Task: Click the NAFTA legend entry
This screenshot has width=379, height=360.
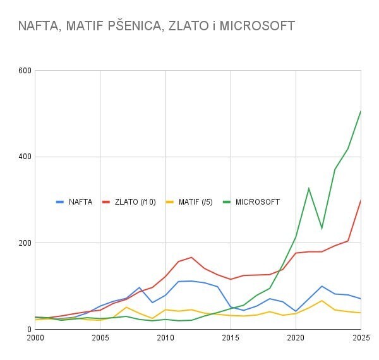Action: tap(80, 202)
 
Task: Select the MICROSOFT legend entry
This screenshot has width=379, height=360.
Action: tap(257, 202)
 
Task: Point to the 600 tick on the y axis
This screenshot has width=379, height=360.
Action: tap(25, 71)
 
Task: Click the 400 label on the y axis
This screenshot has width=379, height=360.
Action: tap(25, 157)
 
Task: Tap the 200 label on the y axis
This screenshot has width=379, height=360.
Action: tap(25, 243)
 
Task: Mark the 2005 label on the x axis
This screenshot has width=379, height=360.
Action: tap(100, 339)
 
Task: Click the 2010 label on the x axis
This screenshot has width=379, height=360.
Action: tap(165, 339)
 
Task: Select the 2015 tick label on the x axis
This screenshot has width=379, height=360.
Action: tap(231, 339)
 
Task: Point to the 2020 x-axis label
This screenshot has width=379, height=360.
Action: tap(296, 339)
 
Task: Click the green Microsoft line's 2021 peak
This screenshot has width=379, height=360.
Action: tap(309, 188)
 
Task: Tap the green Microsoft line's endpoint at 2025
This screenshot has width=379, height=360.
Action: tap(361, 111)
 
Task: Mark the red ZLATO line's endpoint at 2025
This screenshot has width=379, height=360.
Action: tap(361, 200)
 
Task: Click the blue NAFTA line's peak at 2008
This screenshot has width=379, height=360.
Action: tap(140, 287)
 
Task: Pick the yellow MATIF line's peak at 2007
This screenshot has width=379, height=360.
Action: tap(126, 307)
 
